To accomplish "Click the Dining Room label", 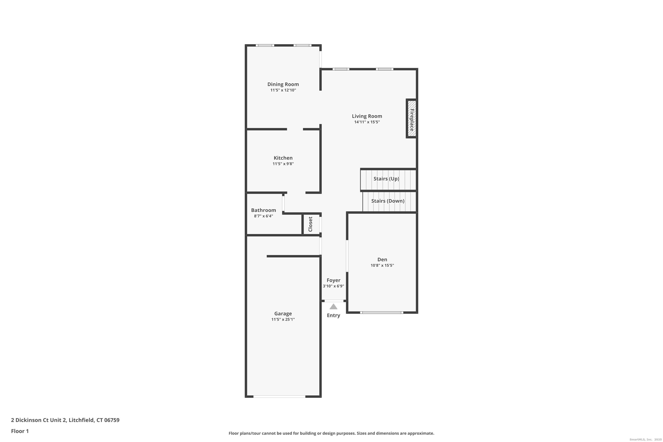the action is (x=283, y=84).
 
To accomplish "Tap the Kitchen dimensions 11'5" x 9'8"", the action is (x=283, y=164).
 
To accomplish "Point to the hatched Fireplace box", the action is (x=412, y=118).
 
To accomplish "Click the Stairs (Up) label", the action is (x=386, y=179).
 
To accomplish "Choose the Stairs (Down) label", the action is (x=388, y=201).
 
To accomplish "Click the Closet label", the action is (x=310, y=224).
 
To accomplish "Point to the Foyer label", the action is (x=333, y=280).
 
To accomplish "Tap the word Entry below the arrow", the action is (x=333, y=315).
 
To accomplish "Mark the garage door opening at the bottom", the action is (x=279, y=397).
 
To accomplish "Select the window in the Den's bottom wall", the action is (x=382, y=312).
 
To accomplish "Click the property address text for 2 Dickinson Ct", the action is (x=65, y=420).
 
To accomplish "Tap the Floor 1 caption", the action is (x=20, y=431).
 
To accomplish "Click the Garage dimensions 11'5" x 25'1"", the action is (x=283, y=319).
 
